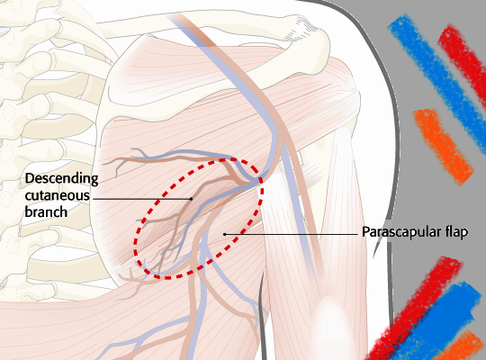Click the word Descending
62,179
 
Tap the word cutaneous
58,195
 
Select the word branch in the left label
46,212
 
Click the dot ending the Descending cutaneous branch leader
191,199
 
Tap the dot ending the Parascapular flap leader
225,234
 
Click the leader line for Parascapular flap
292,234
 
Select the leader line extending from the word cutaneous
142,199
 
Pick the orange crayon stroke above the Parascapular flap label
443,146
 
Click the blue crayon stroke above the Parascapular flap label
438,77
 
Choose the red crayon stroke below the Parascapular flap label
415,307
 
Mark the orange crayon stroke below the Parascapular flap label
462,346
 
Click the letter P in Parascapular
365,231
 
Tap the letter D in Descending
29,178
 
